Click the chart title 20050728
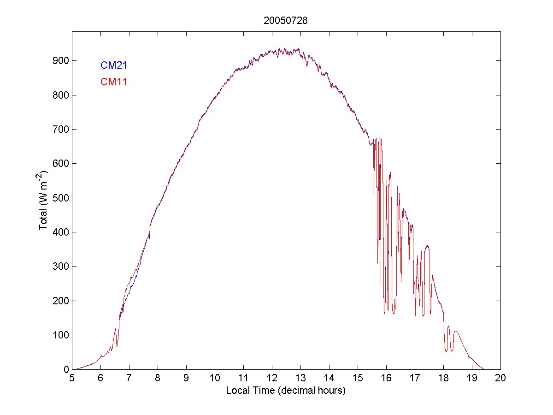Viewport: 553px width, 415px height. pyautogui.click(x=285, y=21)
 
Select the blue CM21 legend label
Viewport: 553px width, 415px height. pyautogui.click(x=114, y=65)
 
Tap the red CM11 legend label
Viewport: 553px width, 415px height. pyautogui.click(x=114, y=83)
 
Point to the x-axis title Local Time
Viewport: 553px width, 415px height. pyautogui.click(x=285, y=391)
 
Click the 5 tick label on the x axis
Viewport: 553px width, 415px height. pyautogui.click(x=72, y=379)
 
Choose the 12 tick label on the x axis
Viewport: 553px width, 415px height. pyautogui.click(x=272, y=379)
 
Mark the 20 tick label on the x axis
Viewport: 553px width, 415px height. pyautogui.click(x=500, y=379)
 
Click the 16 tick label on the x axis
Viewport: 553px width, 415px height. pyautogui.click(x=386, y=379)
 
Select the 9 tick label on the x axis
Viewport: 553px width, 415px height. pyautogui.click(x=186, y=379)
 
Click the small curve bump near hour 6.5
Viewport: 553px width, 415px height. pyautogui.click(x=115, y=330)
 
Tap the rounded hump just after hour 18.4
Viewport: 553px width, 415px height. pyautogui.click(x=457, y=332)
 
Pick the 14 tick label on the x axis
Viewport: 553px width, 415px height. pyautogui.click(x=329, y=379)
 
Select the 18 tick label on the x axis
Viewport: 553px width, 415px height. pyautogui.click(x=443, y=379)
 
